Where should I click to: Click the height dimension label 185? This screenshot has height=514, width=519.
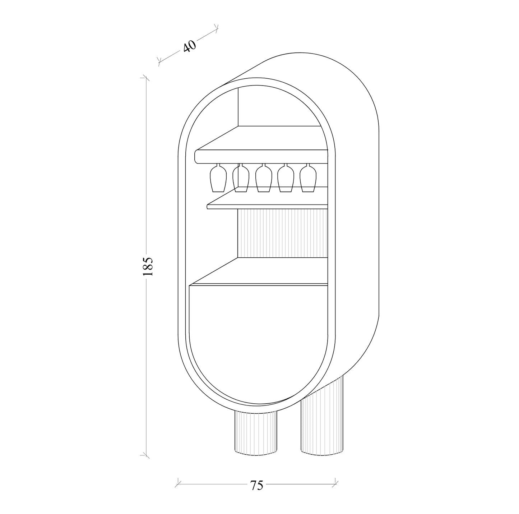point(148,266)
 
